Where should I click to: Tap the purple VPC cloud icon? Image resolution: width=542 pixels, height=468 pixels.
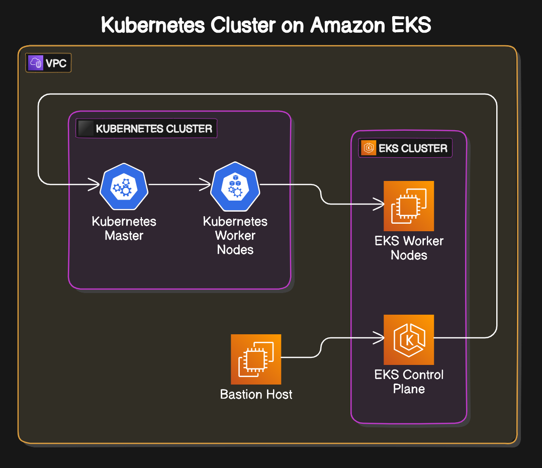[x=36, y=63]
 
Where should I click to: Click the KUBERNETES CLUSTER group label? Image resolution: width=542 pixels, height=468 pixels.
[x=154, y=129]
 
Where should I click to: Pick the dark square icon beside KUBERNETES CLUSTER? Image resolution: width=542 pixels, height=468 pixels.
[x=87, y=129]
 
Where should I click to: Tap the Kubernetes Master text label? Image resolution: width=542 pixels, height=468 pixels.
[x=124, y=228]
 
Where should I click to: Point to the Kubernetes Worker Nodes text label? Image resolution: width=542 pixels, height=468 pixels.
[x=235, y=235]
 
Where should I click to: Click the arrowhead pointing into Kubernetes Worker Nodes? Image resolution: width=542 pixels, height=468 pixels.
[x=206, y=185]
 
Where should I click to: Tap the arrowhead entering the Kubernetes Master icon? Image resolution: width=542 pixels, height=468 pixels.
[x=95, y=185]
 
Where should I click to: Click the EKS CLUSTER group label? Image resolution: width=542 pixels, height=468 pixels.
[x=413, y=148]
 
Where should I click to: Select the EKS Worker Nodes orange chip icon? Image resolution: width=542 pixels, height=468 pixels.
[x=409, y=206]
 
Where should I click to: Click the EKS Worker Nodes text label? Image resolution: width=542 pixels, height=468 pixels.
[x=409, y=248]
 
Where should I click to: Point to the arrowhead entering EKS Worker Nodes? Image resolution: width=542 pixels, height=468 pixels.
[x=380, y=204]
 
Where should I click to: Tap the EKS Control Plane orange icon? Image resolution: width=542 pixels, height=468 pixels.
[x=409, y=340]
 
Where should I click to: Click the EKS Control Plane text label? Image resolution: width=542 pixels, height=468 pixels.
[x=409, y=382]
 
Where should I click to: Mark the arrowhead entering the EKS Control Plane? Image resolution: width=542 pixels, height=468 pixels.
[x=380, y=338]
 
